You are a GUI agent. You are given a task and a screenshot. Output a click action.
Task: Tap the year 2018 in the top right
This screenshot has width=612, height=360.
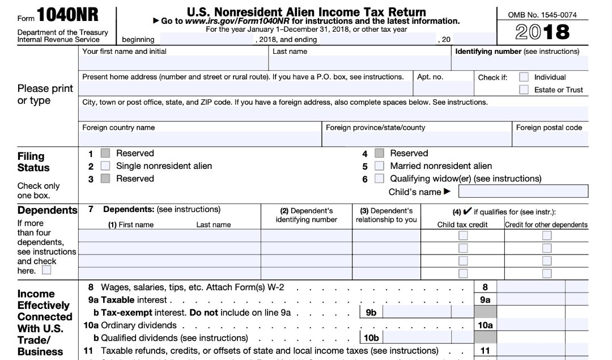542,32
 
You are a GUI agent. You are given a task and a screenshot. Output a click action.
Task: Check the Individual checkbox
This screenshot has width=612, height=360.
524,77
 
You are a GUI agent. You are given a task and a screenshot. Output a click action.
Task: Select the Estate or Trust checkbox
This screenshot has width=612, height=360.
524,90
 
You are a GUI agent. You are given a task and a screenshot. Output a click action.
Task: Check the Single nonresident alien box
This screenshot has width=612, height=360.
105,166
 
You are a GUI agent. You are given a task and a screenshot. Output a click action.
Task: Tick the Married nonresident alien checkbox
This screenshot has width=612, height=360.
380,166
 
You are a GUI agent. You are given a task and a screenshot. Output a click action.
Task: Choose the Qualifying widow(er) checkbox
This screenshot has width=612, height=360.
380,179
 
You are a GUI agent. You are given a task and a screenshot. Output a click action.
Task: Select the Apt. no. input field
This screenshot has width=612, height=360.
443,88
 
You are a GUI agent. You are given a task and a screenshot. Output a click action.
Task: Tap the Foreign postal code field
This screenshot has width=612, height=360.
550,139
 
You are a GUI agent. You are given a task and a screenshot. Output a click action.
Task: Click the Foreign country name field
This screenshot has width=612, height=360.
199,139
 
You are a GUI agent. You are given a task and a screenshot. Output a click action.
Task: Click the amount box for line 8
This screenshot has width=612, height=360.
530,287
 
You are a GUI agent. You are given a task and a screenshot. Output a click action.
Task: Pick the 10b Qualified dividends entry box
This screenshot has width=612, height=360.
429,337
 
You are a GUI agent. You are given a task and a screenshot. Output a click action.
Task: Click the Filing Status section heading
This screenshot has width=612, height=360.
33,162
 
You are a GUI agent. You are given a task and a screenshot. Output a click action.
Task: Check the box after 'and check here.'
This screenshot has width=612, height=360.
46,270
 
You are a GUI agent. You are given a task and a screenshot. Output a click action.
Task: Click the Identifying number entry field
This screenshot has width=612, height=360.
520,63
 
